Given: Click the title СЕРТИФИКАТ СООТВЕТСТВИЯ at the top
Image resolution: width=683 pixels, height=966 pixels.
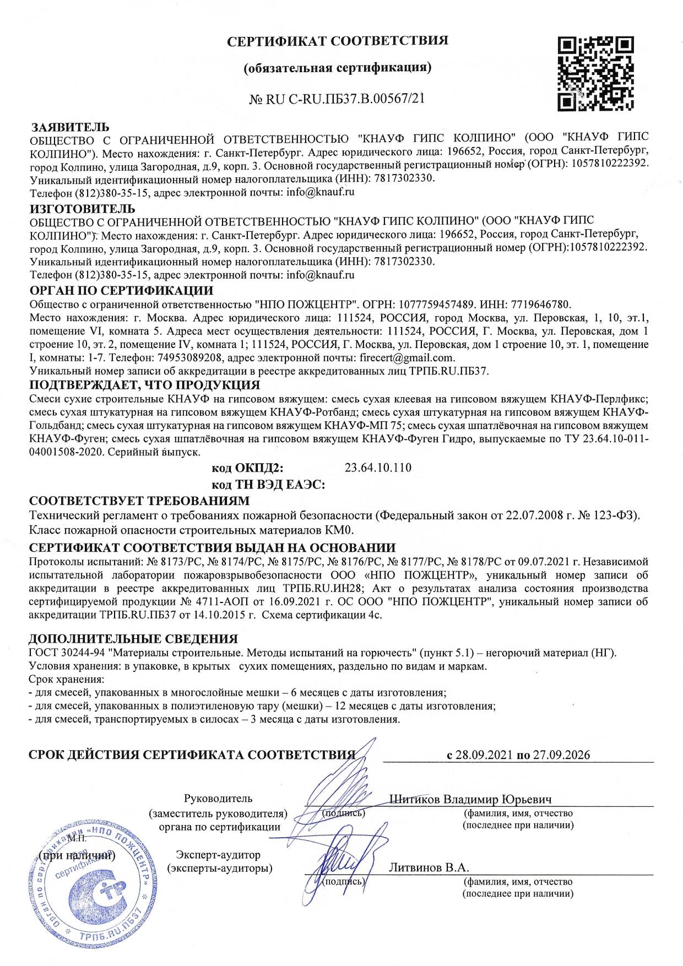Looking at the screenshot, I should point(338,41).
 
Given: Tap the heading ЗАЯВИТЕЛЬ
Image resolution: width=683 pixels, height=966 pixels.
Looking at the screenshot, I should point(70,127).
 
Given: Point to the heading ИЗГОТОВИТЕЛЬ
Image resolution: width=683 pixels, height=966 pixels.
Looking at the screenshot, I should point(82,209).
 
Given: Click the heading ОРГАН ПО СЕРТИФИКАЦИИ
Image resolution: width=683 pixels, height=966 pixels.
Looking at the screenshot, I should point(121,291).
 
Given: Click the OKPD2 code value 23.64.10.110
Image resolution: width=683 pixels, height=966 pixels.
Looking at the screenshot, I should point(378,468).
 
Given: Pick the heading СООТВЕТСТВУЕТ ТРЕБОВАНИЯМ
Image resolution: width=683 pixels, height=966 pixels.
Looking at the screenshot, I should point(139,501).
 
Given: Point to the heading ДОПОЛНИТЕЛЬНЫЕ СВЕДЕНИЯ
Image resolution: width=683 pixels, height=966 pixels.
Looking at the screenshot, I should point(133,639).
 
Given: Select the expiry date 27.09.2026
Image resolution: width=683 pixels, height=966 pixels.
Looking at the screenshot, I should point(560,755).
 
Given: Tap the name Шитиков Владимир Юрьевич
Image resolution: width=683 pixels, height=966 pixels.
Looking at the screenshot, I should point(470,799).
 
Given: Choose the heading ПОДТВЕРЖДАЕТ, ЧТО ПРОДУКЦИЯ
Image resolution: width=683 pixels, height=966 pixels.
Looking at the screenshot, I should point(144,384).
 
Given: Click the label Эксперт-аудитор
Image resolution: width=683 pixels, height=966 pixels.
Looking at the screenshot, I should point(218,855).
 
